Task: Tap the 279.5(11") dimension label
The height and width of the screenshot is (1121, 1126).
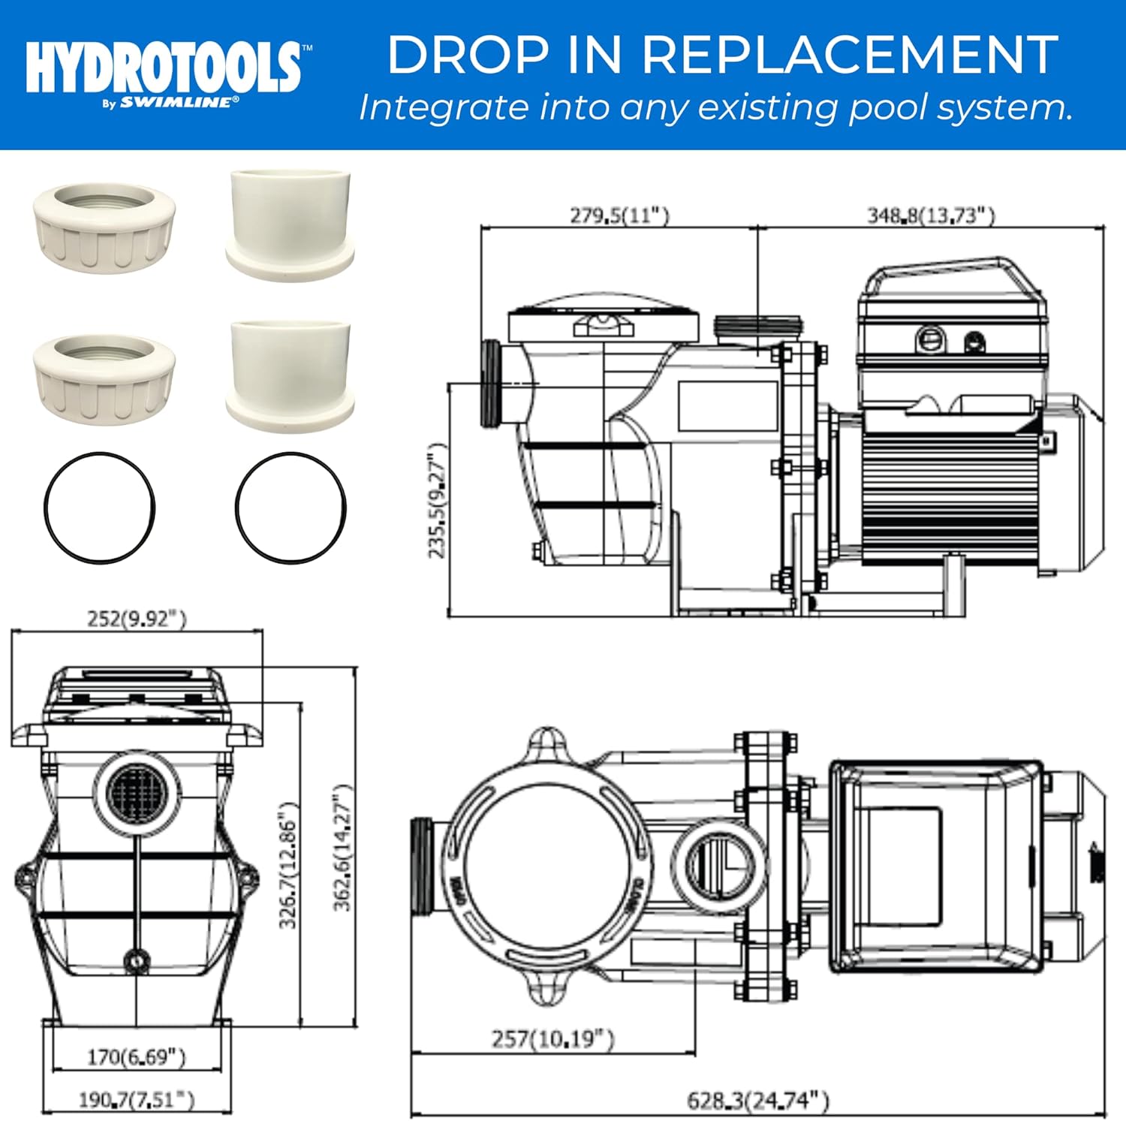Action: coord(619,215)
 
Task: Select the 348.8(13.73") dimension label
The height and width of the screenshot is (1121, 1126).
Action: coord(931,215)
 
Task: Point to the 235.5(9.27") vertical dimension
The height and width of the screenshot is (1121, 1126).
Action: coord(437,501)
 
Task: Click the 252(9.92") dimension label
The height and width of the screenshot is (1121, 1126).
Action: coord(137,619)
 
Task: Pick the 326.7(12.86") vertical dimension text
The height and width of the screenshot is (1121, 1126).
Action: coord(288,864)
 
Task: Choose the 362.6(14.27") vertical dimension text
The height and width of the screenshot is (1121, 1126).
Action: coord(342,848)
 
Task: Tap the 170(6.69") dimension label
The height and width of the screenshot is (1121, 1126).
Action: coord(136,1056)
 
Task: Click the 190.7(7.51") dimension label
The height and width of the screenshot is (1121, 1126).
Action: coord(136,1100)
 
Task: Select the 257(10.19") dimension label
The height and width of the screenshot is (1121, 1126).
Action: coord(552,1039)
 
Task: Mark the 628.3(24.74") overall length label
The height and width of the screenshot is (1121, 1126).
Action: coord(758,1101)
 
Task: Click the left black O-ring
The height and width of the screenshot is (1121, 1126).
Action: coord(100,506)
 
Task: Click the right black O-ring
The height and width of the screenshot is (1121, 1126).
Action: coord(291,506)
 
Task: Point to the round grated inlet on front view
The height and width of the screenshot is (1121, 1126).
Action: coord(136,791)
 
